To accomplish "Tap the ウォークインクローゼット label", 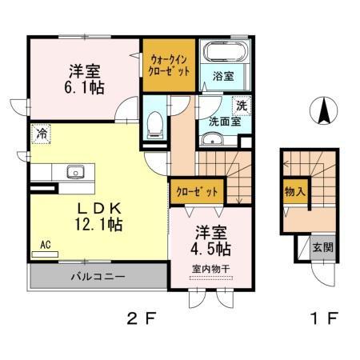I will [x=169, y=63].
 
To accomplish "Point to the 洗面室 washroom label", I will [x=225, y=122].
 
